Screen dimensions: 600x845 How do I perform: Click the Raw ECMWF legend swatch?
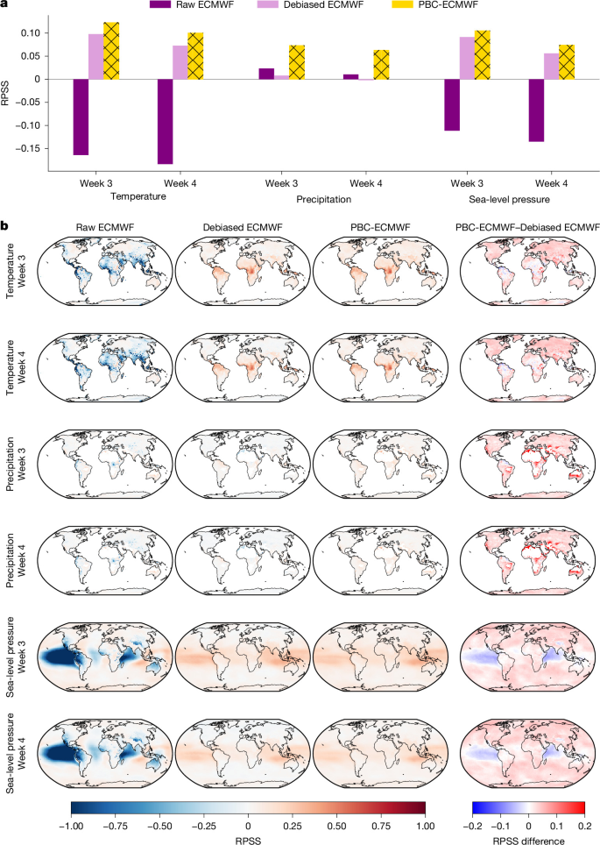[x=160, y=4]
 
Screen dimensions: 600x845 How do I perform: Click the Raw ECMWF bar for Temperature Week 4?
[x=166, y=121]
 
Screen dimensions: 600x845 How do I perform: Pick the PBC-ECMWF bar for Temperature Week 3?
[x=111, y=51]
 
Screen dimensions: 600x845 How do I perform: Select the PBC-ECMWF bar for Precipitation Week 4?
[x=381, y=65]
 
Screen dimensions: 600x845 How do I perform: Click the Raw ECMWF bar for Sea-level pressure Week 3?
[x=452, y=105]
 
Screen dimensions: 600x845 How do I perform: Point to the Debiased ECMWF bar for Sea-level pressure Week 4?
[x=552, y=67]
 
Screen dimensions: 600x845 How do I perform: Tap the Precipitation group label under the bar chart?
[x=324, y=199]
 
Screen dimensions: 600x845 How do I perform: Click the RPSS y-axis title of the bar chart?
[x=5, y=93]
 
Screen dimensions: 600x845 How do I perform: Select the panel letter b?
[x=4, y=226]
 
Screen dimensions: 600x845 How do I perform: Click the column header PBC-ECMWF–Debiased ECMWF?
[x=527, y=227]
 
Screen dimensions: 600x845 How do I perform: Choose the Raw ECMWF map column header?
[x=105, y=227]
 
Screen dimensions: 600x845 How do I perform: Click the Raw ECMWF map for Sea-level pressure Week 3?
[x=105, y=657]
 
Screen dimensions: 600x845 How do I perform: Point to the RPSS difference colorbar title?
[x=528, y=841]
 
